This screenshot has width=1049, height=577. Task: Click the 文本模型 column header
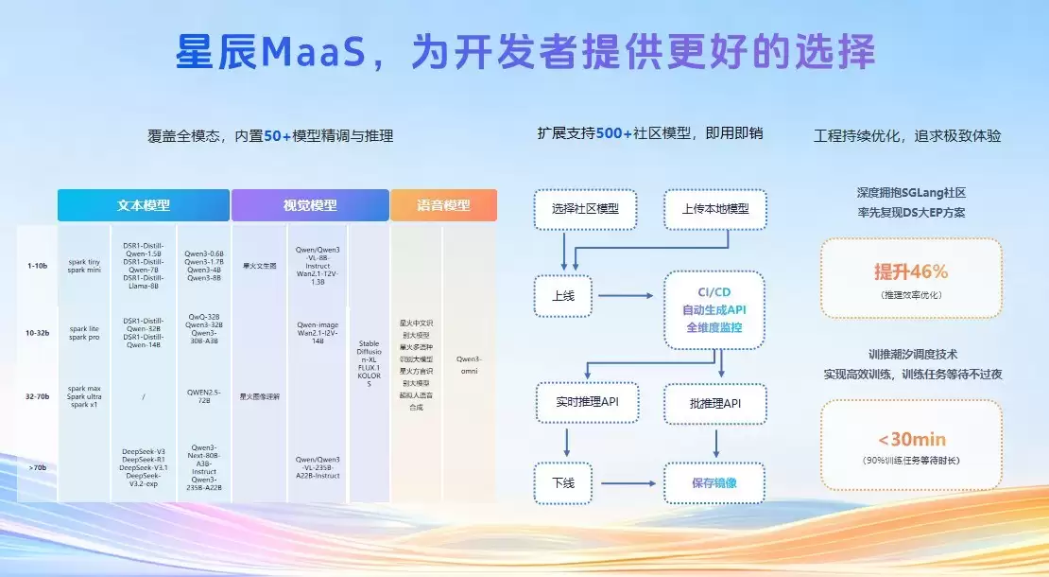coord(144,205)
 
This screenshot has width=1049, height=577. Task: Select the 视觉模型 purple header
coord(310,205)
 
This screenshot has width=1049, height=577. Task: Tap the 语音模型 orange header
coord(443,205)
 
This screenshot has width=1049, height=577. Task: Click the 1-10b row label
coord(37,266)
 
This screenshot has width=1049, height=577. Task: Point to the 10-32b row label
coord(37,332)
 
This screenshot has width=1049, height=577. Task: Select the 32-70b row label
coord(37,396)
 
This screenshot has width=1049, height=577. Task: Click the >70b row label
coord(37,466)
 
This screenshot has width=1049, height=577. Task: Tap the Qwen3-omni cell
coord(469,364)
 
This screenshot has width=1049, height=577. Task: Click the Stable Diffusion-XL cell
coord(369,364)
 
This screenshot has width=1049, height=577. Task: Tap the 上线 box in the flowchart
coord(562,295)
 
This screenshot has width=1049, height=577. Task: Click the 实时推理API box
coord(586,403)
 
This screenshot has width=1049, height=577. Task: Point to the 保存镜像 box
coord(715,483)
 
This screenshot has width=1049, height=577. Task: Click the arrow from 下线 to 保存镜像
coord(628,483)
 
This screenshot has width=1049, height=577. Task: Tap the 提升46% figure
coord(910,272)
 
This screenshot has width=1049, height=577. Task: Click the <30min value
coord(910,440)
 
